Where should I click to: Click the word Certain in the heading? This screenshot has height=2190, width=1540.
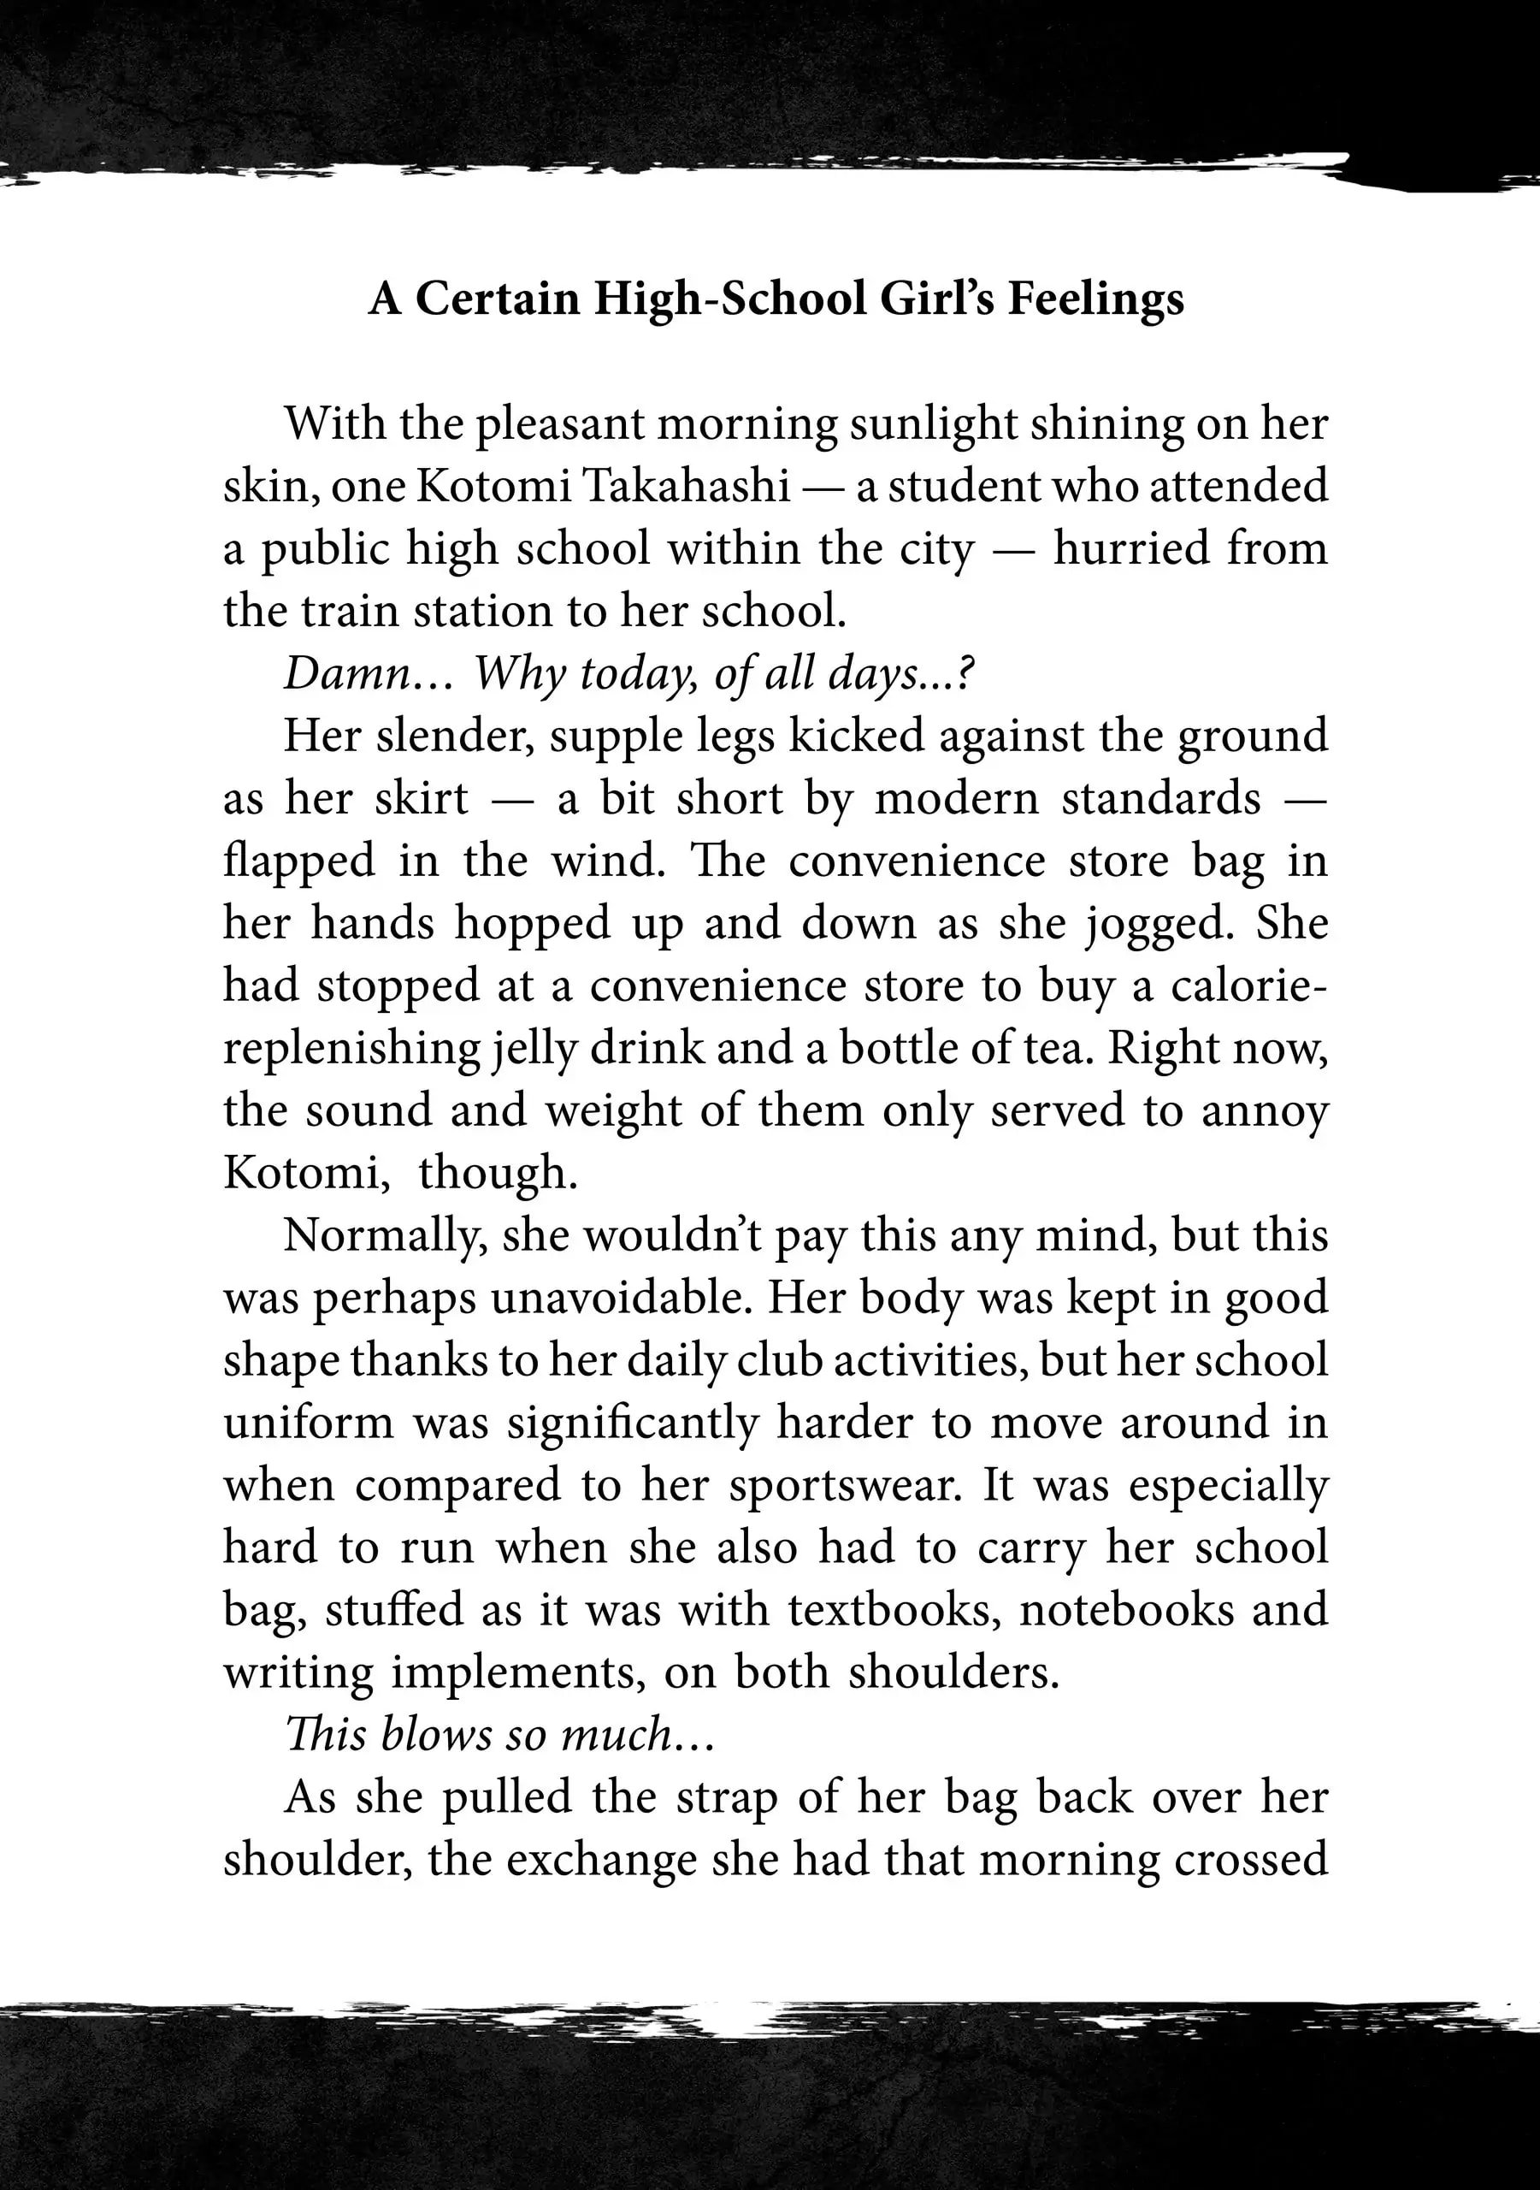498,299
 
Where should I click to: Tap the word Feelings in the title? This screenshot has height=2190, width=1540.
1095,299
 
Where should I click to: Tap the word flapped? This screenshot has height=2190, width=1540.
299,861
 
